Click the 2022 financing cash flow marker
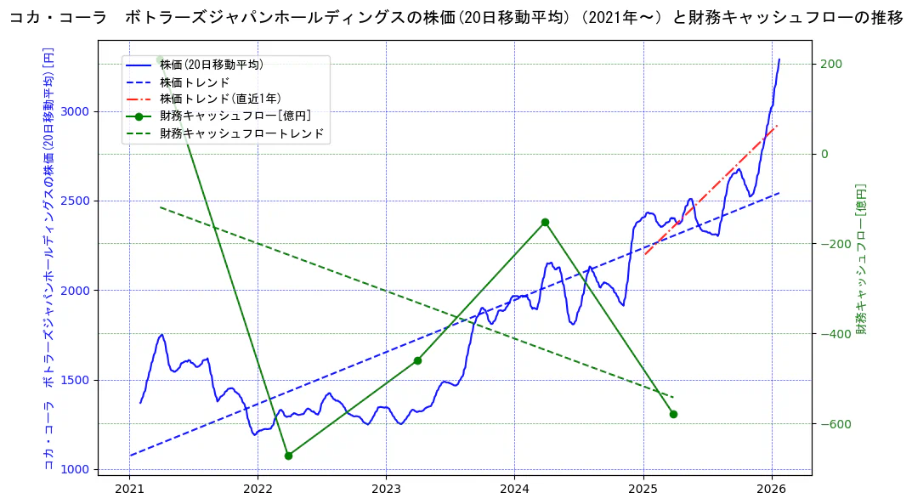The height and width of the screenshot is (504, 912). pos(288,456)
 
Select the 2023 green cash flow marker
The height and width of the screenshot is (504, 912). pos(417,360)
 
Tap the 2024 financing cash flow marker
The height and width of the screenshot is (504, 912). pos(545,223)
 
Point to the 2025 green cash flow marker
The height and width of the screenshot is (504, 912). pos(673,414)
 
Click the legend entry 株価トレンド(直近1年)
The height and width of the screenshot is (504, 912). pos(220,99)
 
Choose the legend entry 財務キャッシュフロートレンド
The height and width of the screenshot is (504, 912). pos(242,133)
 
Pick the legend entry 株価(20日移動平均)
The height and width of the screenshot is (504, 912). pos(212,65)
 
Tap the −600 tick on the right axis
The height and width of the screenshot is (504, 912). pos(832,424)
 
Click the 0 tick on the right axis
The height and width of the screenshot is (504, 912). pos(823,154)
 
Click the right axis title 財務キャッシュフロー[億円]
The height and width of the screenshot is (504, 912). pos(860,258)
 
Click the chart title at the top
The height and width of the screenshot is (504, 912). pos(456,18)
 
